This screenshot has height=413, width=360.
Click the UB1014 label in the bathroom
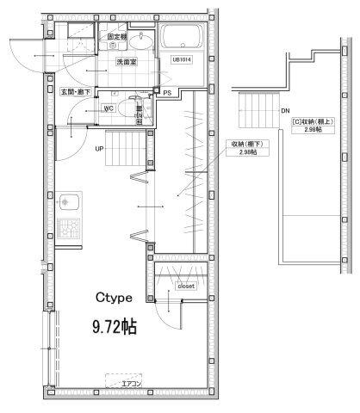(181, 60)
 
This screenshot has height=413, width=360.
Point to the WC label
(109, 108)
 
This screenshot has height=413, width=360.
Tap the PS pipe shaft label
(167, 92)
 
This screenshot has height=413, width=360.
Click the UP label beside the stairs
(100, 148)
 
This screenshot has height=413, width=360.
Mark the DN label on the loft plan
(286, 110)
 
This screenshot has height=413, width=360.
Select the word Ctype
(113, 298)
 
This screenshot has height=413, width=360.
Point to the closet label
(187, 286)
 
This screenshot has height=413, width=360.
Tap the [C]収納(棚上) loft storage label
(314, 126)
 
